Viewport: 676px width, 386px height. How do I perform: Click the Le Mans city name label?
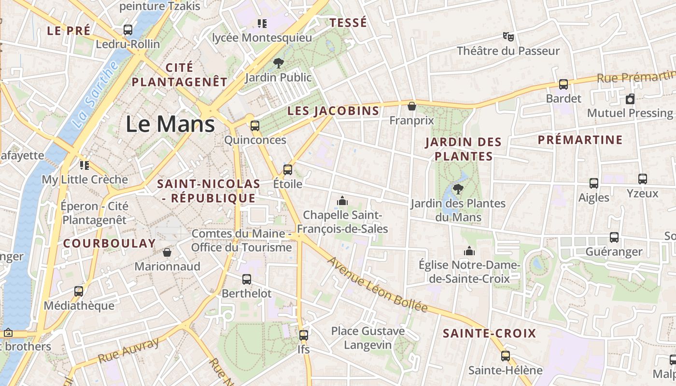[170, 124]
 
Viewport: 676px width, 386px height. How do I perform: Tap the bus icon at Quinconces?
[254, 126]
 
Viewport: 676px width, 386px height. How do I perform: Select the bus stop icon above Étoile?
[288, 170]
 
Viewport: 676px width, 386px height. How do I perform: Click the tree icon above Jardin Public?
[278, 63]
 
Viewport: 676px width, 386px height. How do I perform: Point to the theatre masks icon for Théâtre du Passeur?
[508, 37]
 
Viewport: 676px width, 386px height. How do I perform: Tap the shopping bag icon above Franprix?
[412, 106]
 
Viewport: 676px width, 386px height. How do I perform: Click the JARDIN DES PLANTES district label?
[464, 149]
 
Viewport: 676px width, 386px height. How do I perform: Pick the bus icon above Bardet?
[563, 84]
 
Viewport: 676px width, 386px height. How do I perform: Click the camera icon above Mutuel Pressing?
[630, 99]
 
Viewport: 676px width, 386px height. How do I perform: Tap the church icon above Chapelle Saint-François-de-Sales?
[342, 200]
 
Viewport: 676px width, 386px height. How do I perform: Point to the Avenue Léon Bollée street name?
[378, 285]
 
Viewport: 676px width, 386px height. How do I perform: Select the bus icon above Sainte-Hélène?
[506, 356]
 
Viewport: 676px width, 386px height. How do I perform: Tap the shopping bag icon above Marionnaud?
[167, 252]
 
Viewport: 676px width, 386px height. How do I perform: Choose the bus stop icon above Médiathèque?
[79, 291]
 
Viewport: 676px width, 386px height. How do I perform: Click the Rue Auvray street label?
[128, 351]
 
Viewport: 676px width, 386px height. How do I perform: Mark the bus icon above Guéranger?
[614, 237]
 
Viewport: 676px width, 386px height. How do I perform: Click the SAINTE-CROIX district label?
[490, 333]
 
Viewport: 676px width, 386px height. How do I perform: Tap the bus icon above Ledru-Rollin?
[128, 30]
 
